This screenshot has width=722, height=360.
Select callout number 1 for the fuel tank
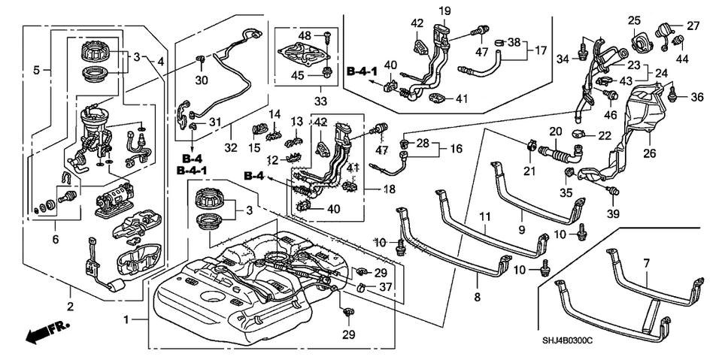click(x=126, y=319)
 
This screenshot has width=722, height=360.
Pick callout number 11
click(x=486, y=218)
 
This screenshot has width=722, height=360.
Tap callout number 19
click(x=444, y=11)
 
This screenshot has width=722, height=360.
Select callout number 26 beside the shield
click(x=648, y=154)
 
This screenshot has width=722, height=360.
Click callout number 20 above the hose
click(x=557, y=131)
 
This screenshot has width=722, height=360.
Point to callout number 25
click(x=634, y=19)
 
